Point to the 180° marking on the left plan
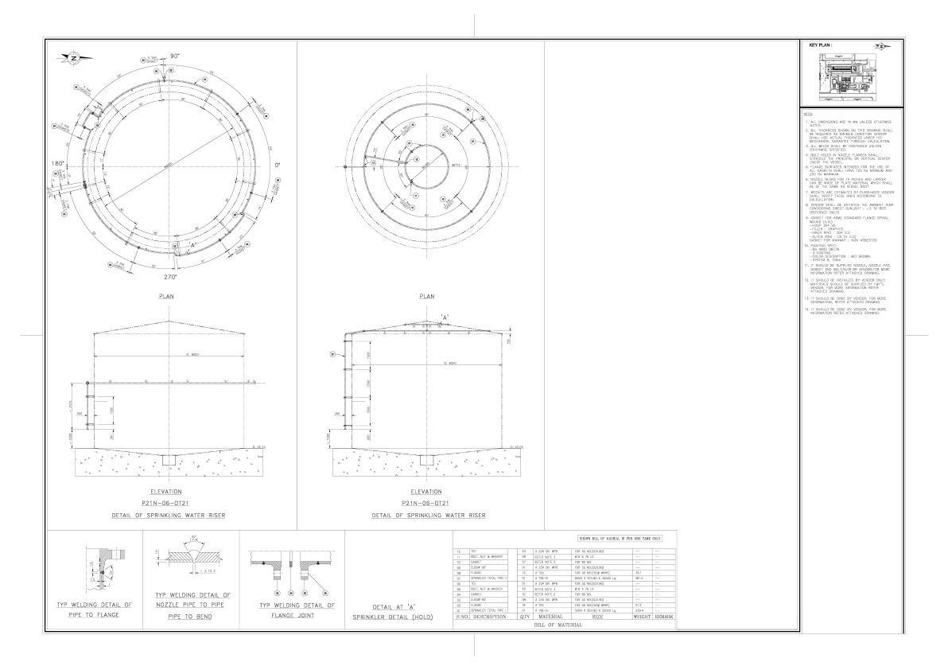pos(57,163)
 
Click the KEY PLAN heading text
pos(820,45)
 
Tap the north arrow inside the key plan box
pos(880,47)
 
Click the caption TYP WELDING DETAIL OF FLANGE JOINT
pos(292,610)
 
